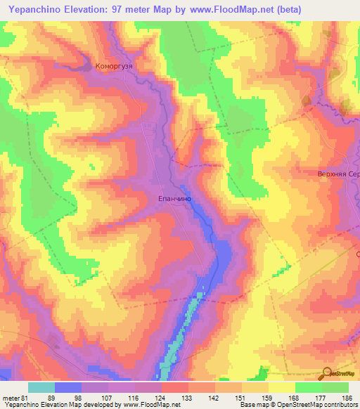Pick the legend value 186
(348, 398)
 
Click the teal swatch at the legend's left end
(41, 387)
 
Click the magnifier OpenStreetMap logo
(328, 372)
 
